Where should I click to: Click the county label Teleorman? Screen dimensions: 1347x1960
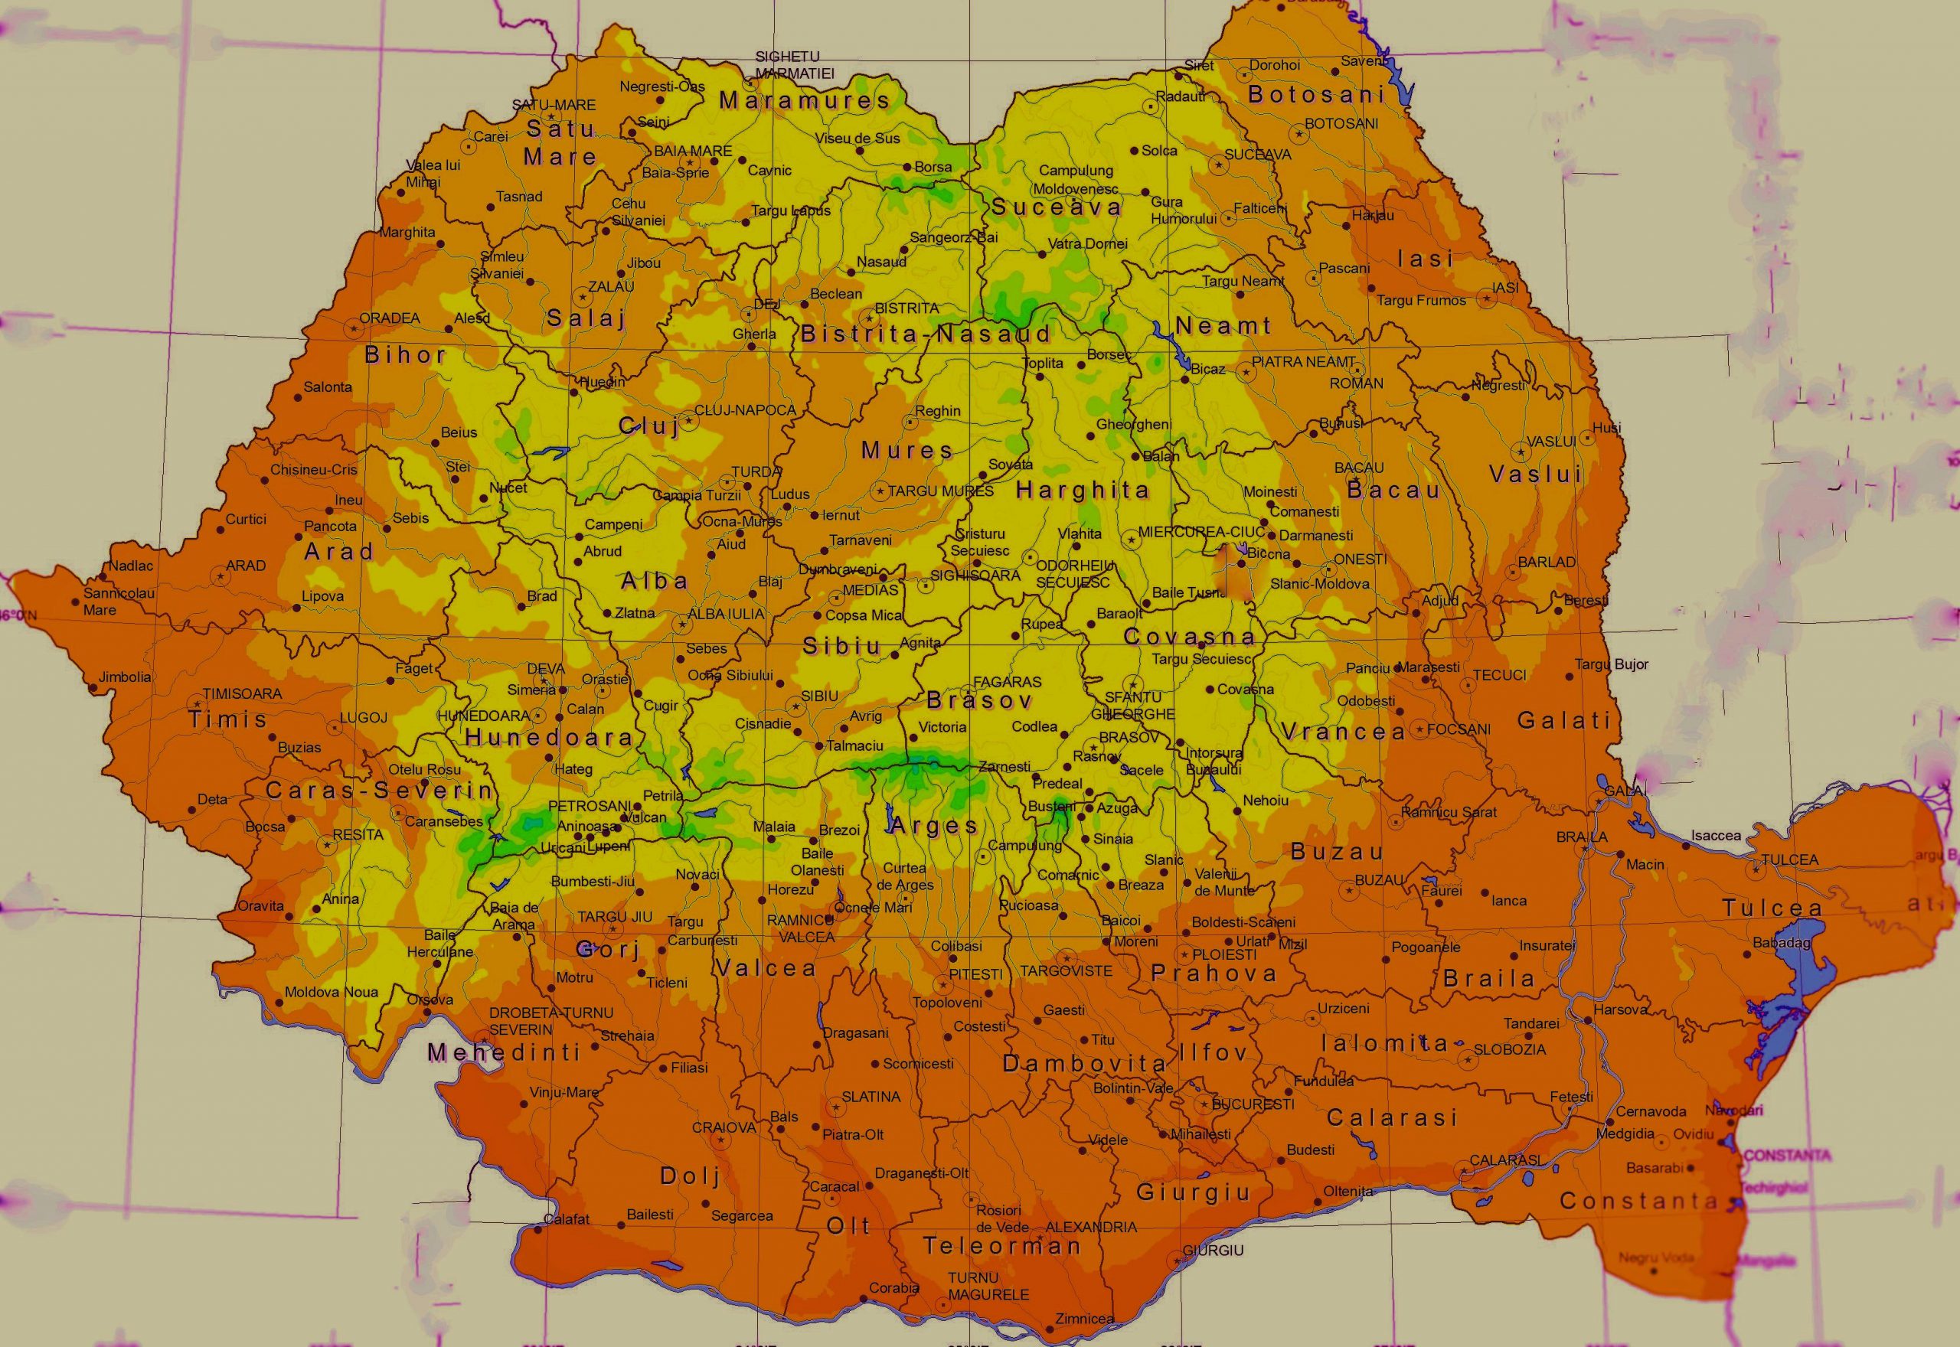tap(1002, 1245)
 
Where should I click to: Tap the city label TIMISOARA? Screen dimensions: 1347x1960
tap(242, 693)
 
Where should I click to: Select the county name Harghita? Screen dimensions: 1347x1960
tap(1083, 490)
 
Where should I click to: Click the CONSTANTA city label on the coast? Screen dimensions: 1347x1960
tap(1787, 1155)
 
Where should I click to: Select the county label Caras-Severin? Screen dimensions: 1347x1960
tap(379, 790)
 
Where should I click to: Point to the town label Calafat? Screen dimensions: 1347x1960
tap(567, 1218)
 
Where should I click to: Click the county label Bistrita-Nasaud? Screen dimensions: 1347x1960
tap(925, 334)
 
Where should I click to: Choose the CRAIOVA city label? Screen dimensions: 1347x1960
tap(724, 1127)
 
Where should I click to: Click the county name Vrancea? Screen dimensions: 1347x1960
tap(1343, 731)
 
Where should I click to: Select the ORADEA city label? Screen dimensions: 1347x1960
tap(389, 318)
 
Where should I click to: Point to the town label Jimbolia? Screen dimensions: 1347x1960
tap(125, 676)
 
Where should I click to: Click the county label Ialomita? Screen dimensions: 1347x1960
tap(1384, 1043)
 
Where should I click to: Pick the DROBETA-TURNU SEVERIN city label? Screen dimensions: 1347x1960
tap(550, 1020)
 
